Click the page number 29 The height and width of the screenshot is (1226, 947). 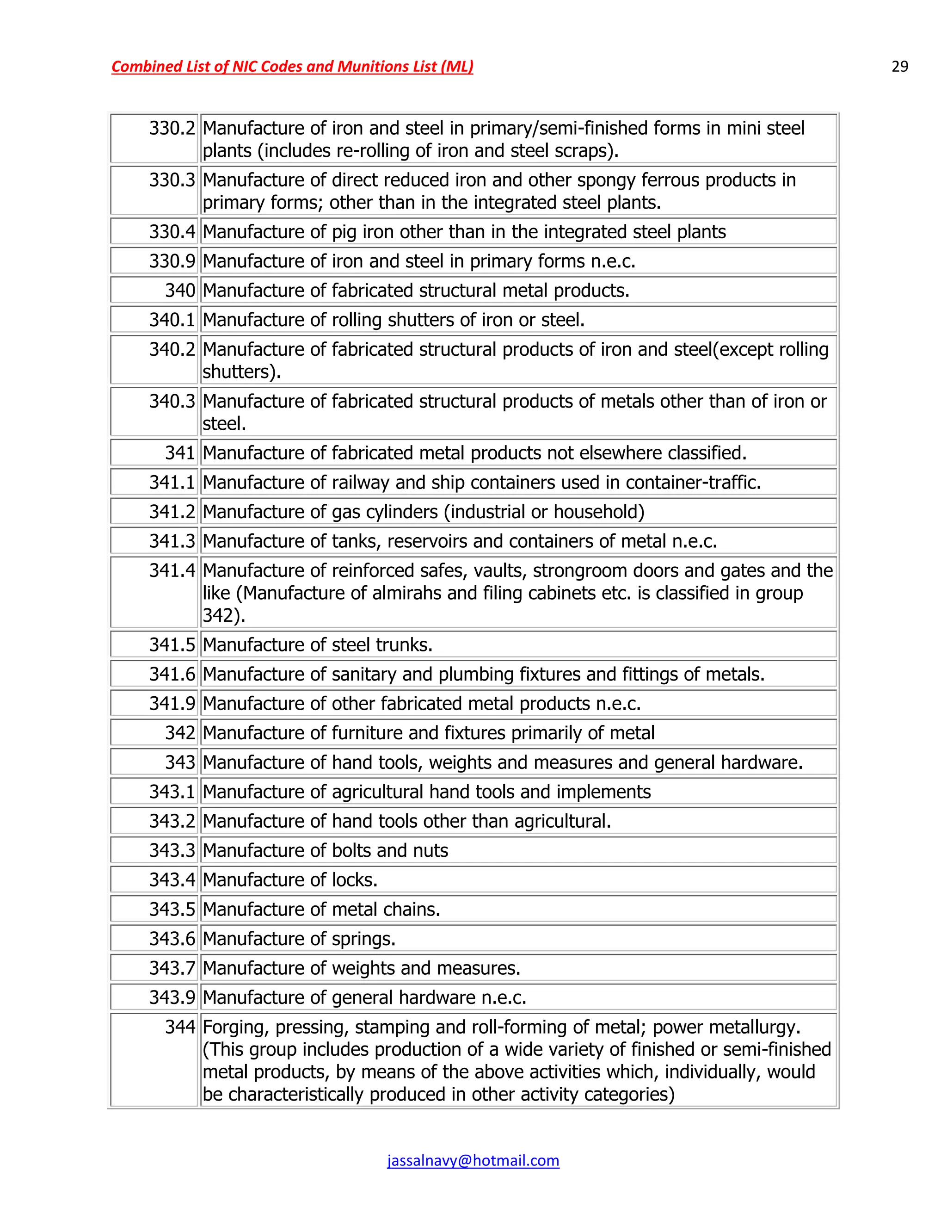pos(899,67)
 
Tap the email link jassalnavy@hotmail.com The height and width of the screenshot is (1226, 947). pos(473,1160)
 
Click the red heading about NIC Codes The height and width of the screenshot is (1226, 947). pos(292,67)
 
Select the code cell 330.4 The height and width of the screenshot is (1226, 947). pos(172,232)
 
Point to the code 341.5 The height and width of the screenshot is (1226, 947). pos(172,645)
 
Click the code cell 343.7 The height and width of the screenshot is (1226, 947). pos(172,968)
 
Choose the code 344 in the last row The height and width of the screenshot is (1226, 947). pos(180,1027)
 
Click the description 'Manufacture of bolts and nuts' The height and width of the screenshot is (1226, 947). pos(326,851)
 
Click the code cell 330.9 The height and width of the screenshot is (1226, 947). pos(172,261)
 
